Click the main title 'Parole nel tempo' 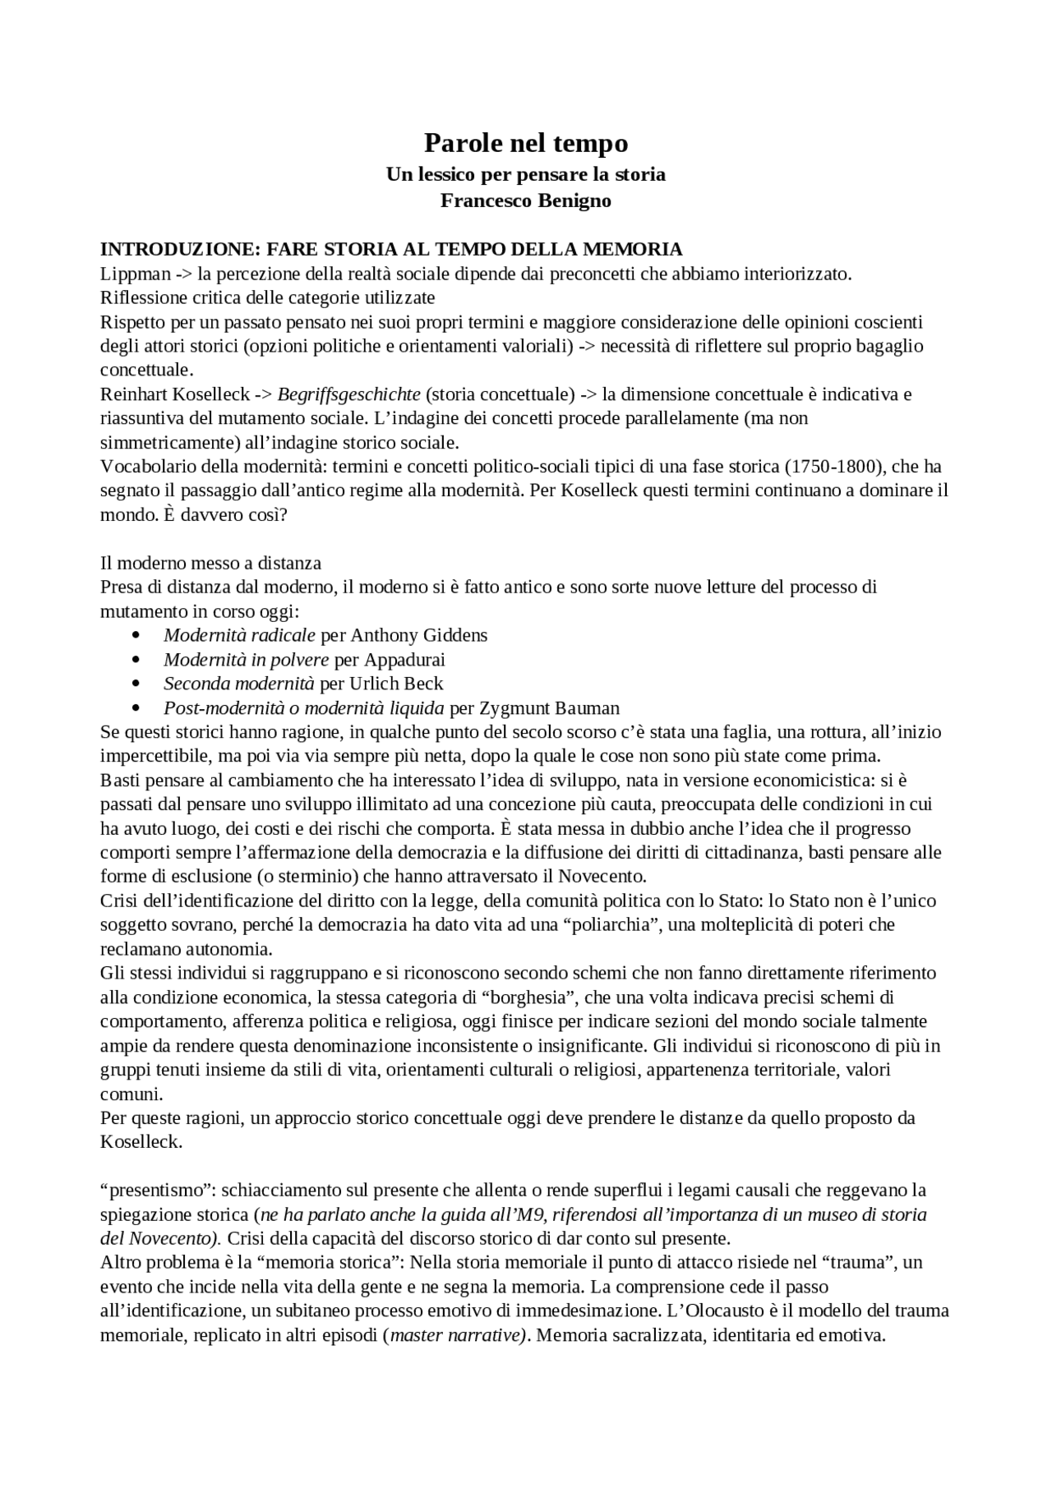(x=526, y=143)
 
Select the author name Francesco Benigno (x=526, y=200)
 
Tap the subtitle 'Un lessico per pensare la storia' (x=526, y=174)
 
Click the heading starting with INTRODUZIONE (x=391, y=249)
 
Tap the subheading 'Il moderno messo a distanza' (x=210, y=563)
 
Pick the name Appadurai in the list (x=404, y=660)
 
